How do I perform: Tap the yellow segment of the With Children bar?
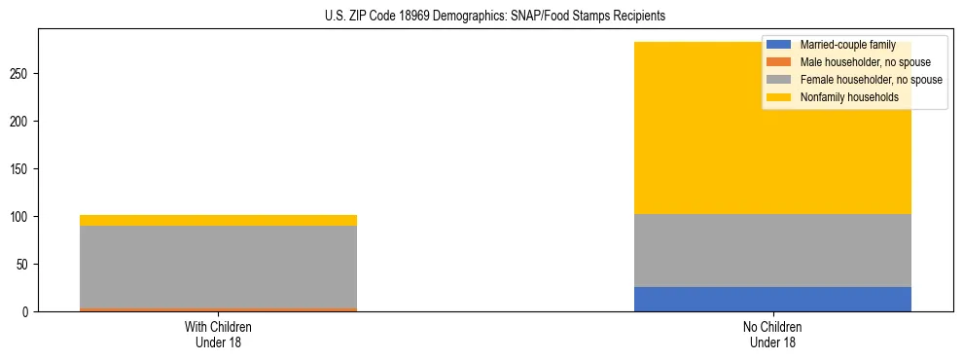pos(218,220)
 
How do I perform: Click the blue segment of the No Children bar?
pos(772,299)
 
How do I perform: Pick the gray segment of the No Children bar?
pos(772,250)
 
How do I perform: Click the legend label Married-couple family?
pos(842,45)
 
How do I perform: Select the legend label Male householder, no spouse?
pos(865,62)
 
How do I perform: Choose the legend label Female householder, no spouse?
pos(871,80)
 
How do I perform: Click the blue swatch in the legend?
pos(778,45)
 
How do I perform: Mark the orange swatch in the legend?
pos(778,62)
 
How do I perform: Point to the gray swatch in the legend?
pos(778,80)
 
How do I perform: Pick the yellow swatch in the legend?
pos(778,97)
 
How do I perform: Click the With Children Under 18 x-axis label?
pos(218,334)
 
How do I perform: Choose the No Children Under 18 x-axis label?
pos(772,334)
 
